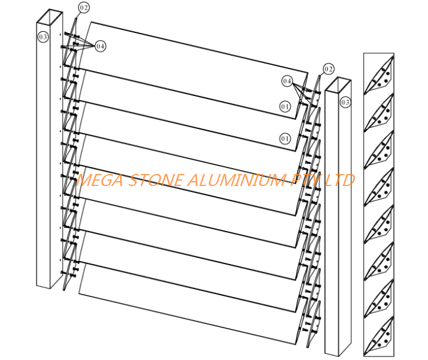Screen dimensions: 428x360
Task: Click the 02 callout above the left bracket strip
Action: (x=84, y=7)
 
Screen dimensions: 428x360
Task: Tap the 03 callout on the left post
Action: (x=43, y=37)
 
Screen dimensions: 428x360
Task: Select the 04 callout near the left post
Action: (x=100, y=46)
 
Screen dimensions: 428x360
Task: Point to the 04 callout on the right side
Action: (x=287, y=81)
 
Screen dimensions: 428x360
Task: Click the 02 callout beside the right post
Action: (x=328, y=69)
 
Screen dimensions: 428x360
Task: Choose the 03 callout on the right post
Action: (x=345, y=102)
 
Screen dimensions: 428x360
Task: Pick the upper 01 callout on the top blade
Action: (x=285, y=106)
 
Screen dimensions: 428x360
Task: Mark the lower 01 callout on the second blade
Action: (x=285, y=139)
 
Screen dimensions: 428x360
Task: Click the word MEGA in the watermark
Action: (x=100, y=180)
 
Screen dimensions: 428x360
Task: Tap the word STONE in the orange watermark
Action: (x=155, y=180)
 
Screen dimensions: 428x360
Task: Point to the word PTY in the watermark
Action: (x=306, y=180)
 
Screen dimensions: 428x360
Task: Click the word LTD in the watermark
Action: (x=339, y=180)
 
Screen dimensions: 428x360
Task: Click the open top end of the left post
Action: (x=50, y=17)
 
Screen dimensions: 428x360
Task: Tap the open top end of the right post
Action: (x=338, y=85)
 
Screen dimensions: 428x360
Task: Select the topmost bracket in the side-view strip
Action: (x=379, y=74)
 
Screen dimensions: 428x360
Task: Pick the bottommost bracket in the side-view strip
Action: (x=379, y=335)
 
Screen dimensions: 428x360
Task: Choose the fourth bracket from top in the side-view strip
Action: (x=379, y=186)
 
